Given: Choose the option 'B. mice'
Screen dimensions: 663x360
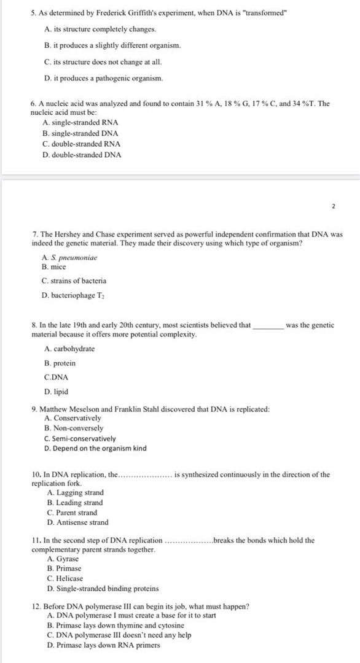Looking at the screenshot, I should (x=54, y=267).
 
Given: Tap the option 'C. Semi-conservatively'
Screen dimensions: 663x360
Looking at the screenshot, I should (x=80, y=438).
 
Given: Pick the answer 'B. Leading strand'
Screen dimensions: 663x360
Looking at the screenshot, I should (x=75, y=503).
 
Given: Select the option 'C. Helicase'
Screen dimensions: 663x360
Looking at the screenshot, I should (x=65, y=578).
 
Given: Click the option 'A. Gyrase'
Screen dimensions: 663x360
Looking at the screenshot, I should (x=63, y=559).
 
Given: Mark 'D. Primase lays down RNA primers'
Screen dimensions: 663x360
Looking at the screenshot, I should (x=103, y=645).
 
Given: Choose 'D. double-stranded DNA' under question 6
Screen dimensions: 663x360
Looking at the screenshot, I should (x=82, y=155).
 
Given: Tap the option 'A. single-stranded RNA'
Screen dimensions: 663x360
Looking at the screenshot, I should (x=80, y=123).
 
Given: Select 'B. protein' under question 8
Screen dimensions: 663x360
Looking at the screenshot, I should (x=60, y=363).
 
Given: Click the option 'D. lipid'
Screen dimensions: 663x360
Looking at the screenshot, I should (x=57, y=392).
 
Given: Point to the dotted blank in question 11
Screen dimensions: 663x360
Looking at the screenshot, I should (x=189, y=541).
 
